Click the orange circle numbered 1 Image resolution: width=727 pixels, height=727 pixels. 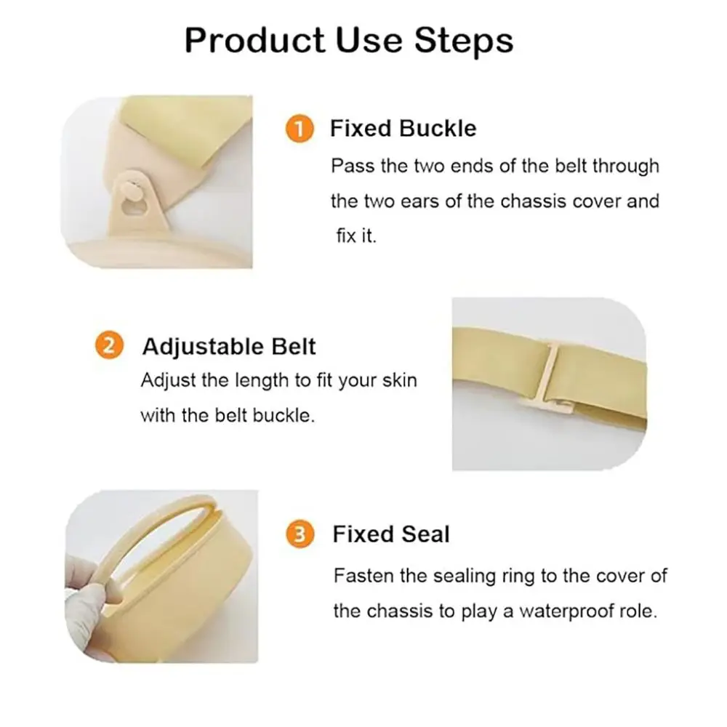299,129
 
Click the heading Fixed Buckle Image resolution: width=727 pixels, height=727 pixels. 403,129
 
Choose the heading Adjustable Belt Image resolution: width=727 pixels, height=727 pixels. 229,346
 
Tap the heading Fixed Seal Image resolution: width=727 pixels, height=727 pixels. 391,534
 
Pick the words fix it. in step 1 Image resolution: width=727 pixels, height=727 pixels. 356,236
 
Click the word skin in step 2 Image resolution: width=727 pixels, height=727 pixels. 398,380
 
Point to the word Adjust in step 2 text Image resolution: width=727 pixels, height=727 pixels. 164,380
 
